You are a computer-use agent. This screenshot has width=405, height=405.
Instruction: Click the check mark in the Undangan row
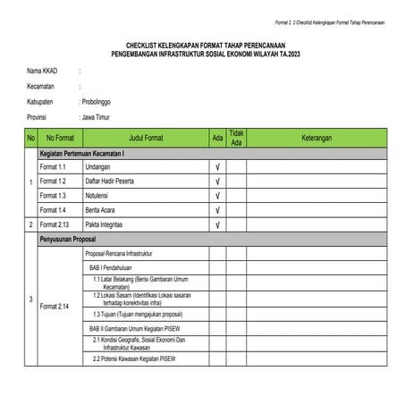pos(217,167)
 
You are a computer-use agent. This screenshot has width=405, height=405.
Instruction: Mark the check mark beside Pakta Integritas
pos(217,224)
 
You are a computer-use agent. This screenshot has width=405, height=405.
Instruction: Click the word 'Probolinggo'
pos(100,101)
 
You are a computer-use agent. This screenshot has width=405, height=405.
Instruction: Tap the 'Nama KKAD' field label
pos(42,70)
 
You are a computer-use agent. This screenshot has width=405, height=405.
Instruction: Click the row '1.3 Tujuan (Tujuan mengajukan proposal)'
pos(138,315)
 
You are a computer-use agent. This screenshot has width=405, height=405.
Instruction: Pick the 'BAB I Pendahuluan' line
pos(117,267)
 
